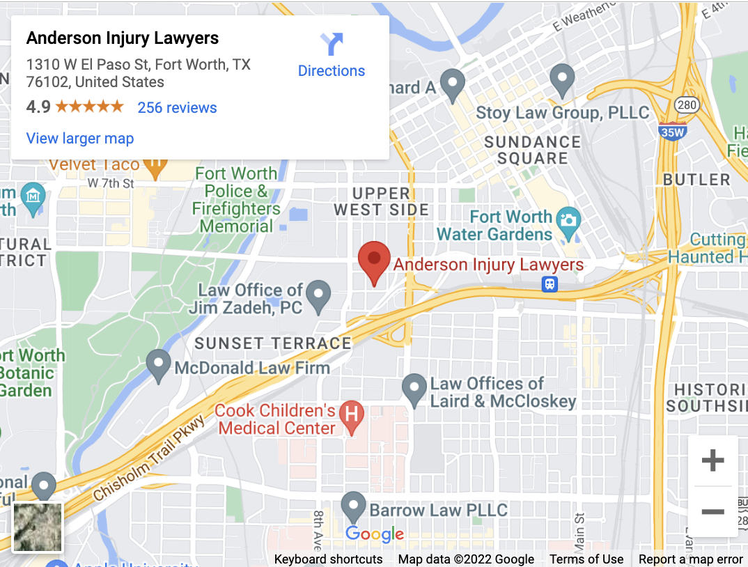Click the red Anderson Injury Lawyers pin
374,260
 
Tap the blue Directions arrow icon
332,45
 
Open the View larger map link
80,138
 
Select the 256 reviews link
177,107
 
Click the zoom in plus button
712,460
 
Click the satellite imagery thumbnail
38,527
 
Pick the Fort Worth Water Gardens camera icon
569,218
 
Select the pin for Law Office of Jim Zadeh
318,294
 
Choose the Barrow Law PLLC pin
353,506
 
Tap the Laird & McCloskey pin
414,388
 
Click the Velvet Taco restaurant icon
156,164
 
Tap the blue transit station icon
550,284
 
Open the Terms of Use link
586,559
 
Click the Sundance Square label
532,150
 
